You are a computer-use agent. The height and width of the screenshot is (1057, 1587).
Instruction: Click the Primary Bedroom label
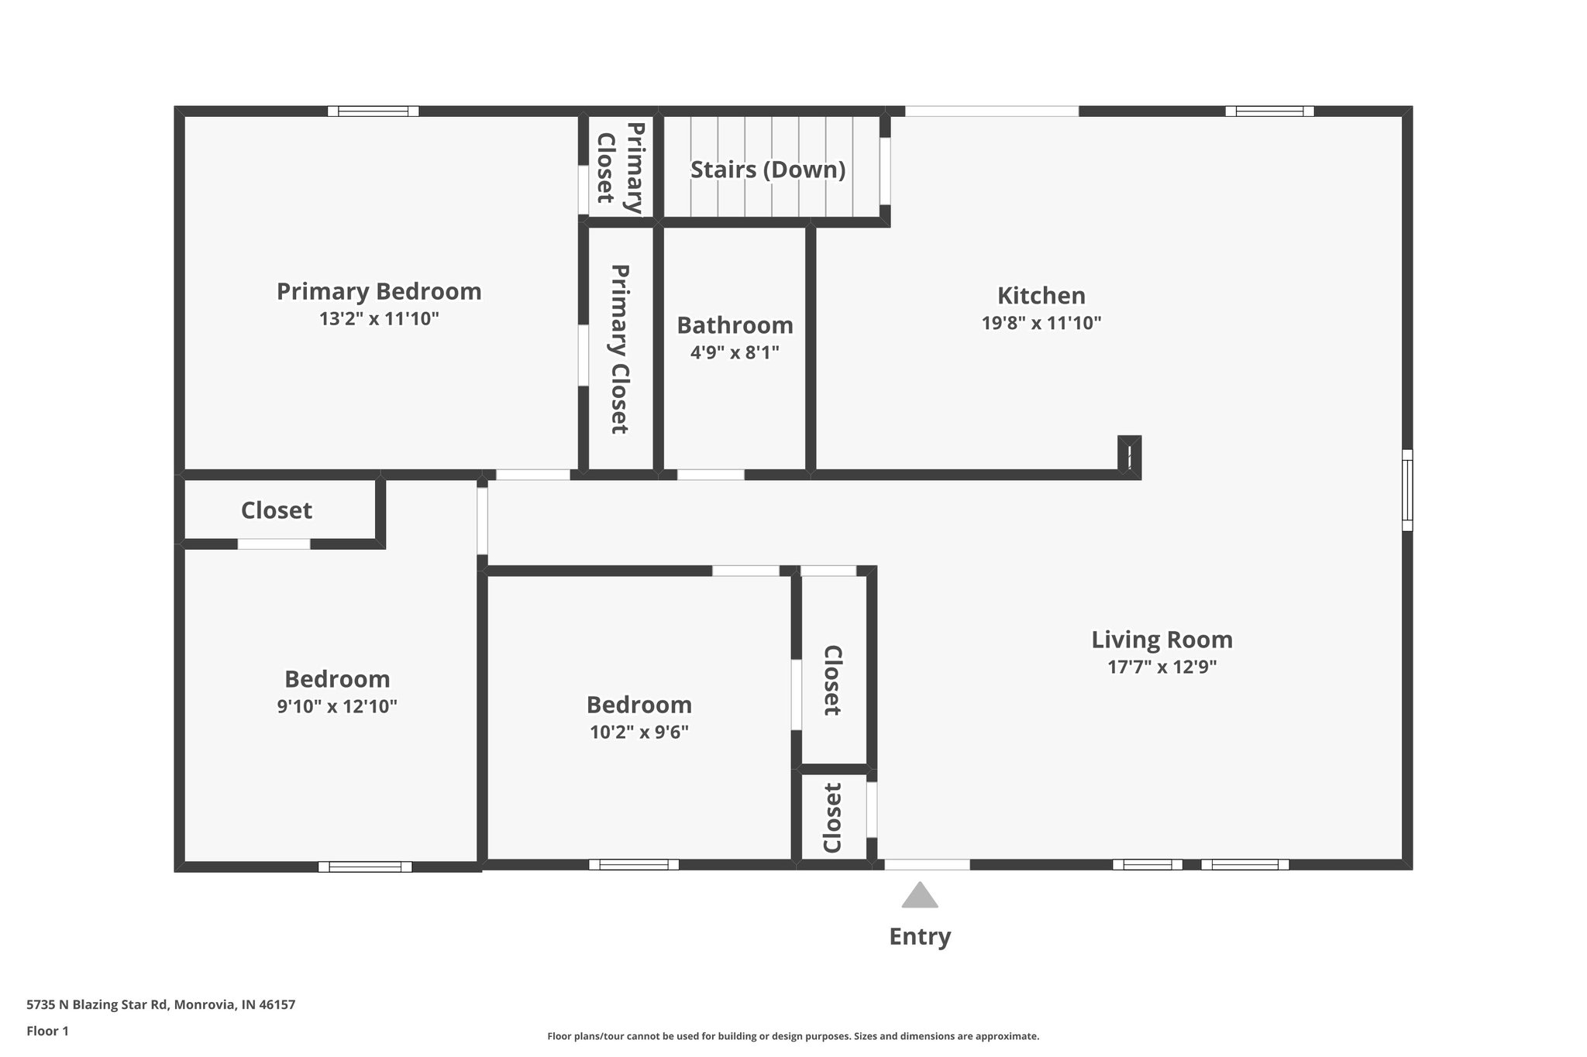pyautogui.click(x=379, y=291)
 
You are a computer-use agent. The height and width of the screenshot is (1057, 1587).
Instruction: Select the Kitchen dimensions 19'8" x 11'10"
pyautogui.click(x=1041, y=323)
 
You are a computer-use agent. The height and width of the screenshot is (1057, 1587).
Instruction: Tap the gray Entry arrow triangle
pyautogui.click(x=919, y=896)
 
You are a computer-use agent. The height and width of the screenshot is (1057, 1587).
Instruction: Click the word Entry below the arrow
pyautogui.click(x=919, y=936)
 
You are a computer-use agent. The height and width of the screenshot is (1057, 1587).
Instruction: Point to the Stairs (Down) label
pyautogui.click(x=767, y=169)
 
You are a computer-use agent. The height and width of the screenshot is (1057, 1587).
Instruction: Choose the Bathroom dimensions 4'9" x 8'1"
pyautogui.click(x=734, y=352)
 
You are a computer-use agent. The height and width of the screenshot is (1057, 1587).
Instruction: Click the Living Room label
pyautogui.click(x=1162, y=640)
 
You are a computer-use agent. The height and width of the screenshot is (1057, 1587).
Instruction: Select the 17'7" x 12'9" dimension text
pyautogui.click(x=1162, y=667)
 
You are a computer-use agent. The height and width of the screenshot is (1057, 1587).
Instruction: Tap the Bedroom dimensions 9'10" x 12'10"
pyautogui.click(x=337, y=706)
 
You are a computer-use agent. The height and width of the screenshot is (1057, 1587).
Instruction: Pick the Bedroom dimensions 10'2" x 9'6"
pyautogui.click(x=639, y=732)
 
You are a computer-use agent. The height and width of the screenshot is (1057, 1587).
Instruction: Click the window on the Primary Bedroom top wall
pyautogui.click(x=373, y=111)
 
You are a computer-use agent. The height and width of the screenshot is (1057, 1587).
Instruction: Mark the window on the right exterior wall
pyautogui.click(x=1407, y=490)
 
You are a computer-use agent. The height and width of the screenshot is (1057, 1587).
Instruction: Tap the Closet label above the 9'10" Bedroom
pyautogui.click(x=276, y=510)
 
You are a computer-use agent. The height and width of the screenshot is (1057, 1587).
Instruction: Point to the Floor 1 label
pyautogui.click(x=47, y=1031)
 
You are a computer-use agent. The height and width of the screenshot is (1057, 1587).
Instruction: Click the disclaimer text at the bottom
pyautogui.click(x=793, y=1036)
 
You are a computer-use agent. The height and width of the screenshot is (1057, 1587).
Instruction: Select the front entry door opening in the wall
pyautogui.click(x=927, y=864)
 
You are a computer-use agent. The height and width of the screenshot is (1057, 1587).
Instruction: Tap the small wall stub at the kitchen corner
pyautogui.click(x=1130, y=456)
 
